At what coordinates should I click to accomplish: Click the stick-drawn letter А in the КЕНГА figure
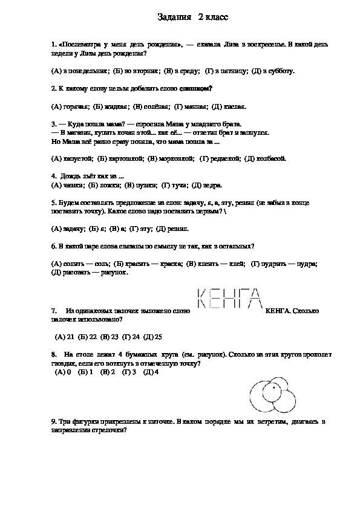pyautogui.click(x=255, y=299)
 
